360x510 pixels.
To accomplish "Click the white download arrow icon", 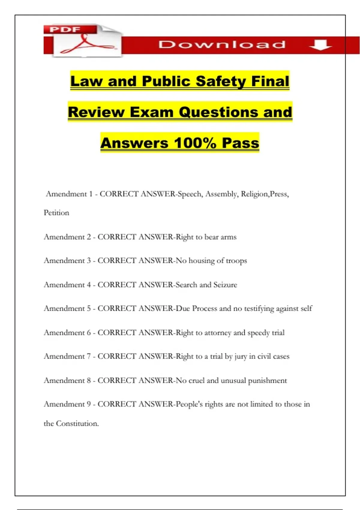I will coord(320,45).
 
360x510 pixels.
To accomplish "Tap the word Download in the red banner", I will coord(222,45).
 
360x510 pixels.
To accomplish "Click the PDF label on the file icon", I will coord(65,29).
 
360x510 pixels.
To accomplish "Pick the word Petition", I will coord(56,213).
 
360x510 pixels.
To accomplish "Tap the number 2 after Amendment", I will coord(89,237).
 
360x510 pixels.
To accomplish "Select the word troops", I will coord(236,261).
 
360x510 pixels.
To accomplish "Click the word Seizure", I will coord(225,285).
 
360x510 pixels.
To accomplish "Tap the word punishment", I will coord(267,381).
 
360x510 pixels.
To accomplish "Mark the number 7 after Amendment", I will coord(89,356).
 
